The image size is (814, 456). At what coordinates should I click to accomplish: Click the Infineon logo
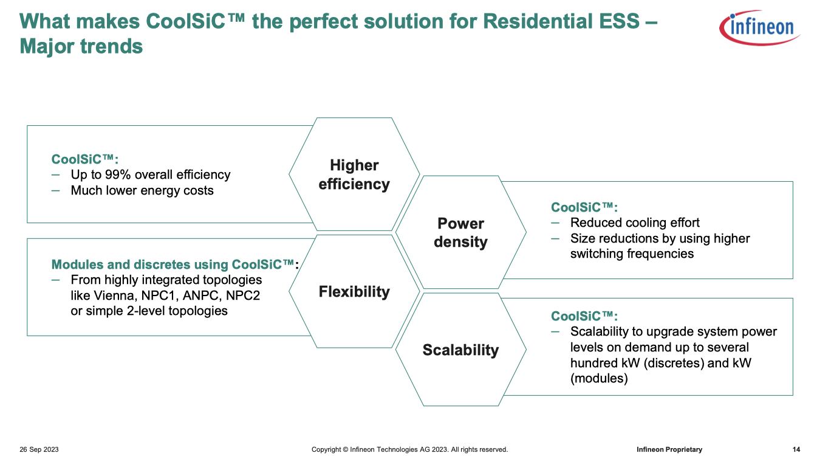click(x=759, y=27)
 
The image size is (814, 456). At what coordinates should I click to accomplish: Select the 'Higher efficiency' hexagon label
click(x=354, y=174)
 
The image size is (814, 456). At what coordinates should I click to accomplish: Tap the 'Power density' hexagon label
click(x=460, y=233)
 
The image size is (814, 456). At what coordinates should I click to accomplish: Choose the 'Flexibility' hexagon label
click(x=354, y=292)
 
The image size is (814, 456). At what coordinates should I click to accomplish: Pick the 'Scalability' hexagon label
click(x=460, y=350)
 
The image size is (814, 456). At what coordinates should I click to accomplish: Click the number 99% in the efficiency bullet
click(x=118, y=174)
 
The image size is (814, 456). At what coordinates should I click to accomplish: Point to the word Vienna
click(x=115, y=295)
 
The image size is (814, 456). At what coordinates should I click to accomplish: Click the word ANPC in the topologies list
click(x=202, y=295)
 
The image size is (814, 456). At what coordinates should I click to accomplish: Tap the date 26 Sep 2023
click(x=39, y=449)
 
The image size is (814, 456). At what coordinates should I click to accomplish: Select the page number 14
click(x=796, y=449)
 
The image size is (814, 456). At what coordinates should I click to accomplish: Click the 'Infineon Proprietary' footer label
click(x=669, y=449)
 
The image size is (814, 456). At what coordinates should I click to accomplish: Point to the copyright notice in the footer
click(x=409, y=449)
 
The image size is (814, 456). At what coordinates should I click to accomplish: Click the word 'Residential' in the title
click(x=561, y=21)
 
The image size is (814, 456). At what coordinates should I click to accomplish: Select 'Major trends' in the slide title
click(x=81, y=47)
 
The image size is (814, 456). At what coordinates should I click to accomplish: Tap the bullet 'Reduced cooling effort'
click(x=634, y=223)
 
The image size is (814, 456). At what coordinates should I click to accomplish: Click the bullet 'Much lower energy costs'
click(x=142, y=190)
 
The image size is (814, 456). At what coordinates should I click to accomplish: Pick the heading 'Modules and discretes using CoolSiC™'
click(x=173, y=264)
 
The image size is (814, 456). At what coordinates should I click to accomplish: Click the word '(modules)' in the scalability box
click(x=599, y=379)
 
